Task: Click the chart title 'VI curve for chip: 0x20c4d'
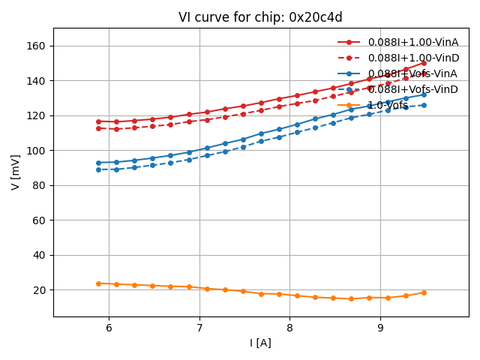[260, 17]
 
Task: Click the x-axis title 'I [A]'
[260, 343]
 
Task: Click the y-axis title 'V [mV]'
[16, 172]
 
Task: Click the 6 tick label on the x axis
[109, 328]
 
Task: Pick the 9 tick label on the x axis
[380, 328]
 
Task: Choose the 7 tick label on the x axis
[199, 328]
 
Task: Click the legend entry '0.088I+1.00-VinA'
[412, 42]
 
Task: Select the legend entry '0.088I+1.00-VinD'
[412, 58]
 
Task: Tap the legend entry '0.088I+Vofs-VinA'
[412, 73]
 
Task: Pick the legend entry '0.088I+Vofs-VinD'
[412, 89]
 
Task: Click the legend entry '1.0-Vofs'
[388, 105]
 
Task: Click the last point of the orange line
[424, 292]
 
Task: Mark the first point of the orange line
[98, 283]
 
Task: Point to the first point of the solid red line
[98, 121]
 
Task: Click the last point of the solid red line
[424, 63]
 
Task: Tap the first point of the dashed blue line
[98, 169]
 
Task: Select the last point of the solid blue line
[424, 94]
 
